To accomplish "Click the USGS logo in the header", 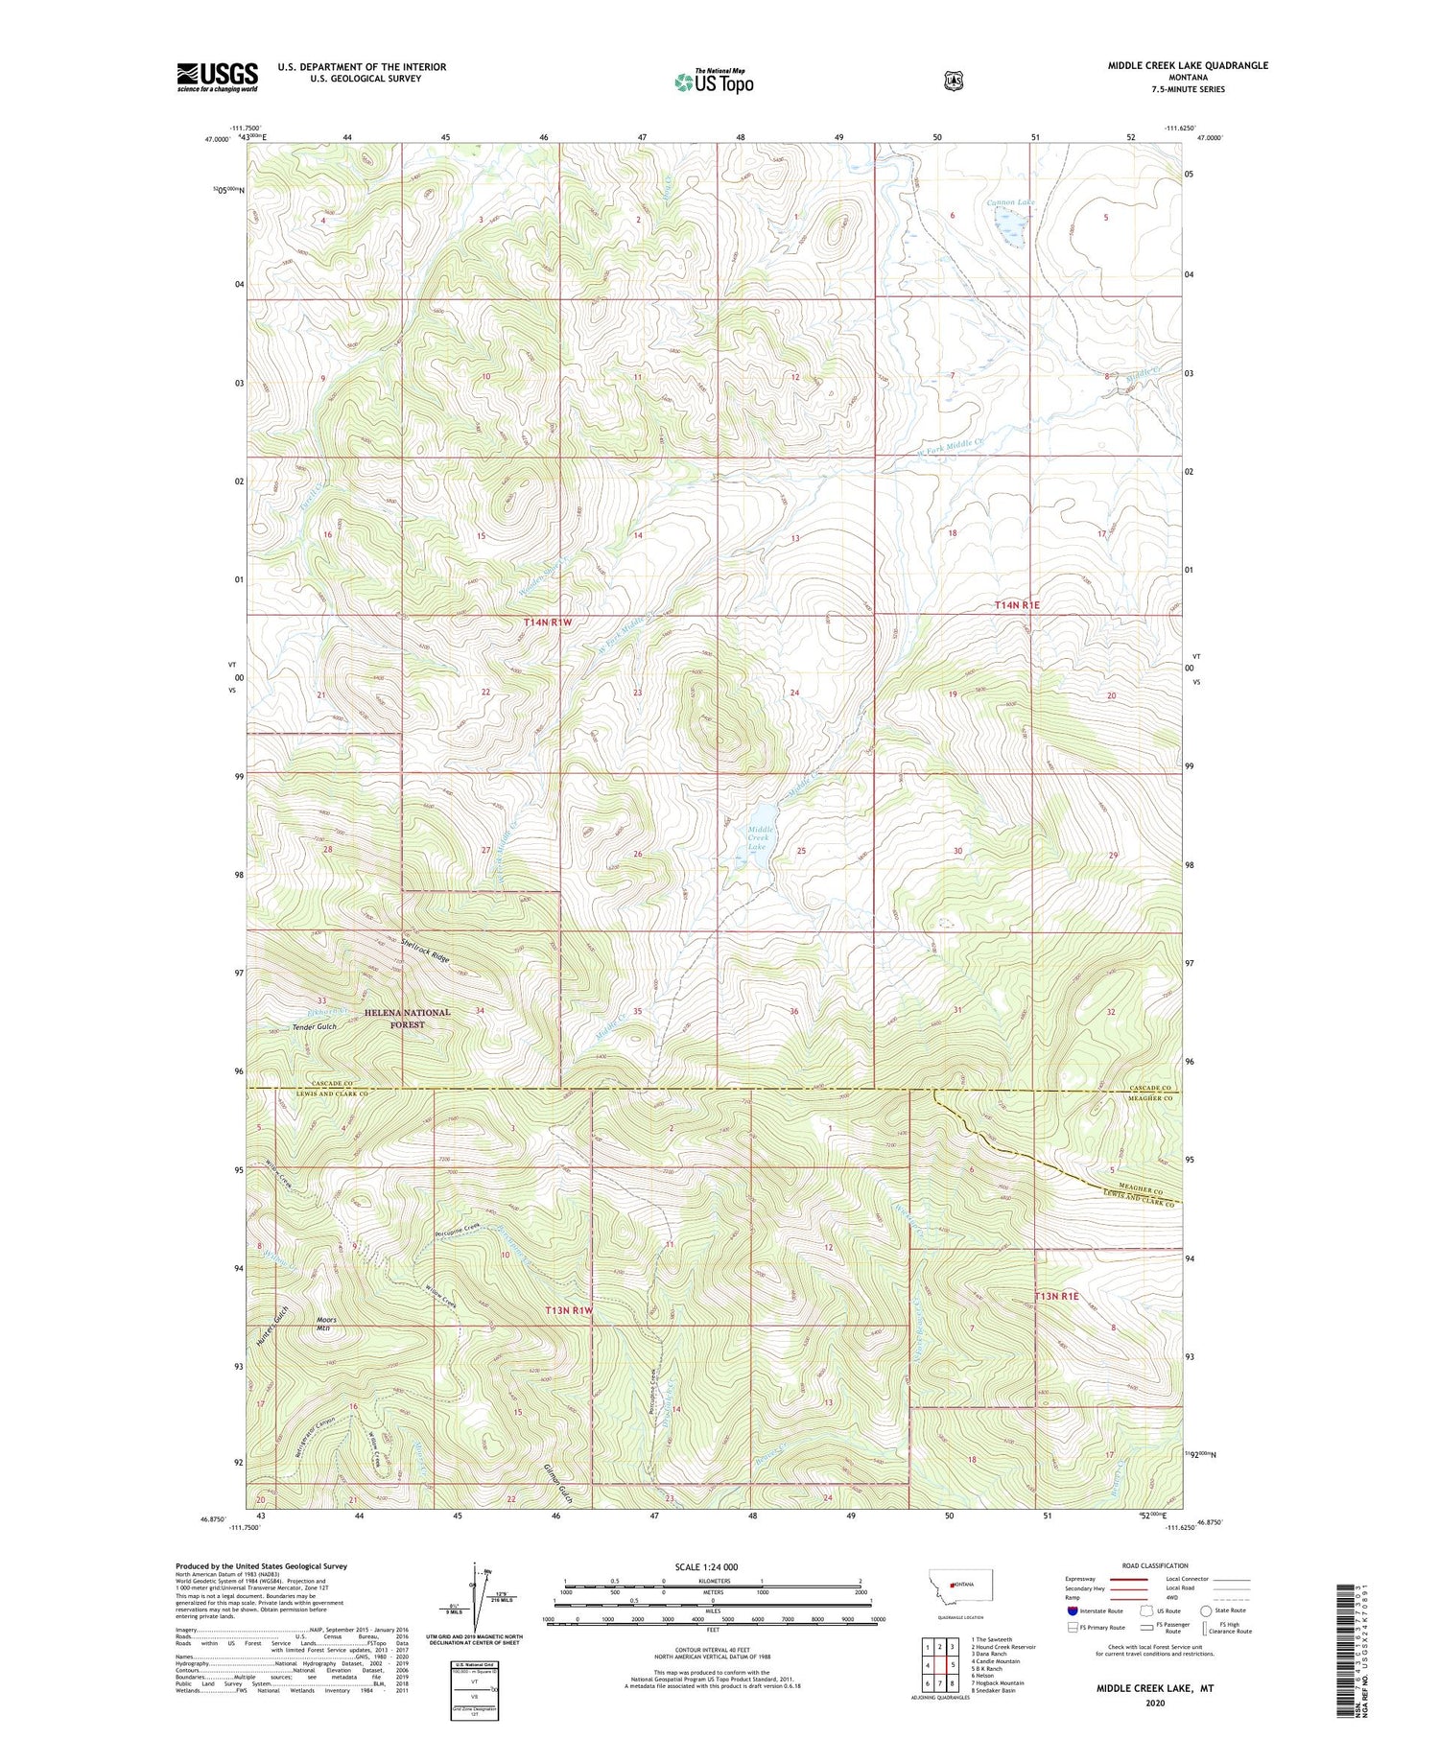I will point(217,77).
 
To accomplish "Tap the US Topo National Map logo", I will point(714,82).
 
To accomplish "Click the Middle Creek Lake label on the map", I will point(758,837).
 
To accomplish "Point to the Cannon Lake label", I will point(1011,203).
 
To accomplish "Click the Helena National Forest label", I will point(407,1018).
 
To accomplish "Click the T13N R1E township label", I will point(1056,1296).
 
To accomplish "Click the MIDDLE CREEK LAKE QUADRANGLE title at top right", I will point(1188,65).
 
